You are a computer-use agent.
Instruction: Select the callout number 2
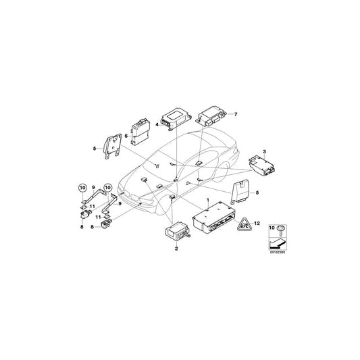pyautogui.click(x=176, y=249)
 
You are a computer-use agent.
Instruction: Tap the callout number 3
pyautogui.click(x=265, y=153)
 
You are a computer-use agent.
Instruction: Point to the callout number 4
pyautogui.click(x=157, y=124)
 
